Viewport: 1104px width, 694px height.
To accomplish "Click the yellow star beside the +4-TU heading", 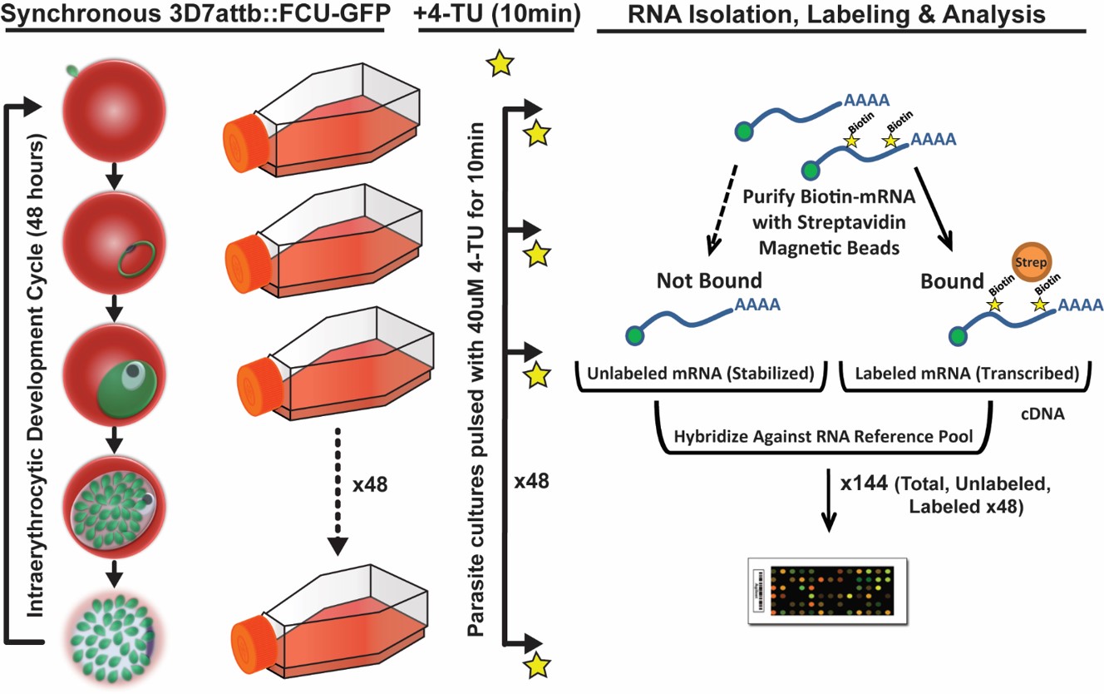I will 499,64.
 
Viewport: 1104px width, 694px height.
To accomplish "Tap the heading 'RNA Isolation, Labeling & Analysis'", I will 841,15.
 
